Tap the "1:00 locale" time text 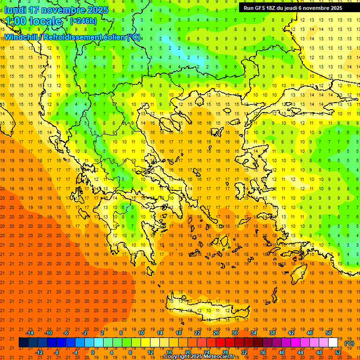point(33,21)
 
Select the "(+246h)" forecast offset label point(83,21)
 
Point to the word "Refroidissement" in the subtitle point(75,37)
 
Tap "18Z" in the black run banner point(275,8)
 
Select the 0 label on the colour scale point(92,352)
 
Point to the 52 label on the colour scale point(338,352)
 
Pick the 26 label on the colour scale point(216,333)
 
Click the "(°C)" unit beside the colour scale point(349,343)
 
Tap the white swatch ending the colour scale point(333,343)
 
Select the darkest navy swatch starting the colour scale point(23,343)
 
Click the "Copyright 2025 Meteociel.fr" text point(199,357)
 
